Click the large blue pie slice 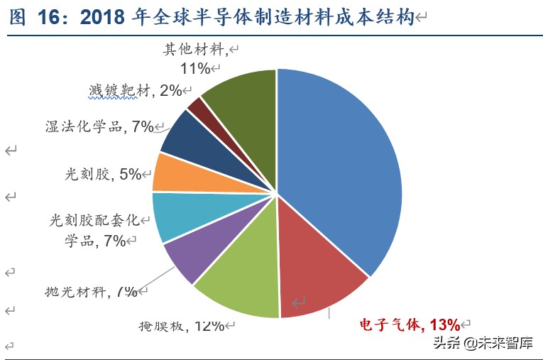tap(341, 163)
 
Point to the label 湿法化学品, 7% tap(99, 126)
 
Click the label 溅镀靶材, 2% tap(135, 90)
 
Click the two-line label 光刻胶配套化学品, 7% tap(92, 230)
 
